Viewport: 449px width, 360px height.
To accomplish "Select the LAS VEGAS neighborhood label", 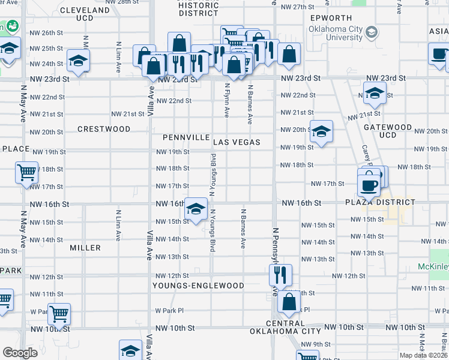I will [x=237, y=142].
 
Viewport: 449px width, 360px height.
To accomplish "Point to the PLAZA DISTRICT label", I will [x=379, y=202].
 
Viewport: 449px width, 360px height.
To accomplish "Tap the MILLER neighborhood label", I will [x=85, y=248].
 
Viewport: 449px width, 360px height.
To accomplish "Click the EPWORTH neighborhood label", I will [x=331, y=18].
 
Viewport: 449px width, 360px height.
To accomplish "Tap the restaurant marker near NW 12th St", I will [x=280, y=275].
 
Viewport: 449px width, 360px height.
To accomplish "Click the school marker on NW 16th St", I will [x=196, y=209].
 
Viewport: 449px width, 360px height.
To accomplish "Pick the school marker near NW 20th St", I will [x=321, y=131].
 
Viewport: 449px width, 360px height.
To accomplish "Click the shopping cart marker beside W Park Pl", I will [x=59, y=313].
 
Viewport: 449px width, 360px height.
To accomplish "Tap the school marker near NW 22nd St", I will [x=375, y=92].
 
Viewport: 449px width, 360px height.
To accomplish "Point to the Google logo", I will [x=20, y=353].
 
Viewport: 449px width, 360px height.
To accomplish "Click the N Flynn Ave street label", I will [x=227, y=101].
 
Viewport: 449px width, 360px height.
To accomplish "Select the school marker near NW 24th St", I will [x=77, y=60].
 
